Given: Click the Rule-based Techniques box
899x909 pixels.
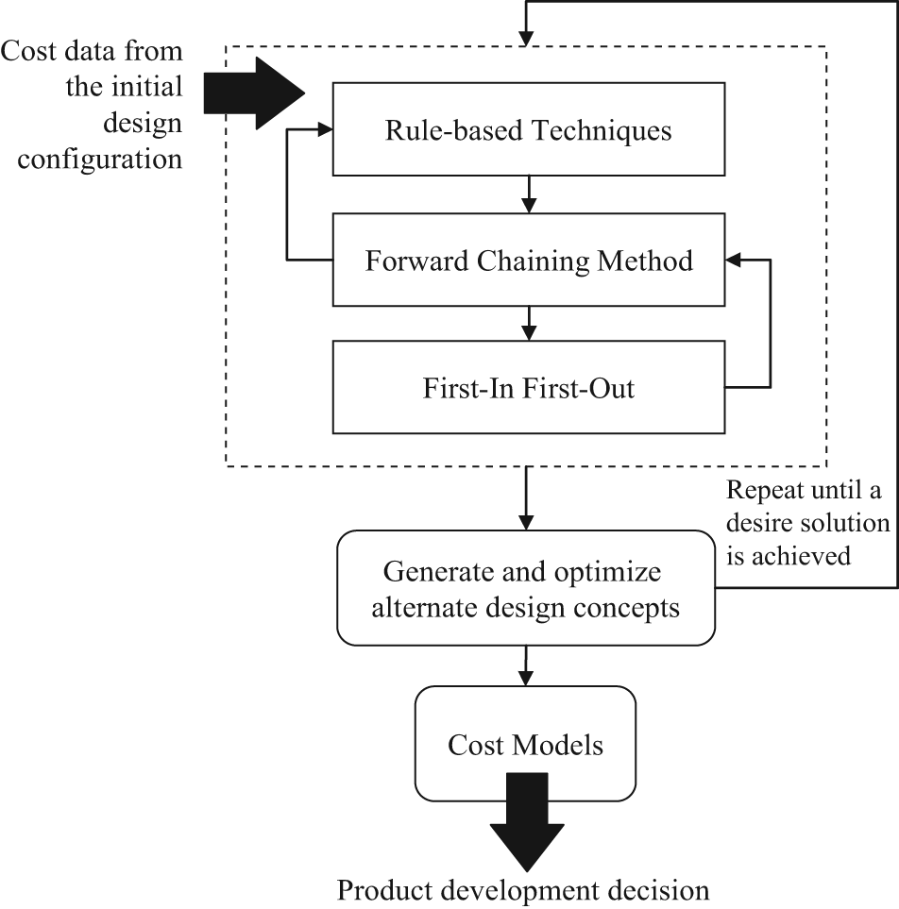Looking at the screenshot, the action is (x=529, y=129).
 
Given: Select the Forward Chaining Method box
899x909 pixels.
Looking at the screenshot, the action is (x=529, y=260).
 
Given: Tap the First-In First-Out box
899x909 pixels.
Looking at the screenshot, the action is (x=529, y=387).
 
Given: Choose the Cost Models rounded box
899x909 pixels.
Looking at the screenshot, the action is (x=525, y=744).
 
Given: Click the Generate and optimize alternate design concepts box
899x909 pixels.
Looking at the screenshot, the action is (x=525, y=588).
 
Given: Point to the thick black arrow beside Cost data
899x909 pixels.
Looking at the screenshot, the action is (x=254, y=93).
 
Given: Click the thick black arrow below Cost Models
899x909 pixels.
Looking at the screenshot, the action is (x=527, y=822).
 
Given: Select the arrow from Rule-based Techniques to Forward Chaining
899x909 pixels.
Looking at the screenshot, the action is (x=529, y=194).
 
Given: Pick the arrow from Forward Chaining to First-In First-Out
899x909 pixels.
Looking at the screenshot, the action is (x=529, y=324).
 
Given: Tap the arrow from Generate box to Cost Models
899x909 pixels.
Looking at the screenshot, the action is (x=525, y=666).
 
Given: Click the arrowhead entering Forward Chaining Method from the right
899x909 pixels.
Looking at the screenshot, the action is (x=733, y=260).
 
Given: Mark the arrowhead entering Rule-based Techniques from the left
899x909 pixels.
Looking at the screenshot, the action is (x=325, y=129).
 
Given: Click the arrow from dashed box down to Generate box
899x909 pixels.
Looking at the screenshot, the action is (x=525, y=498).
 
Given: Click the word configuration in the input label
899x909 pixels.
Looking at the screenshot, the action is (x=100, y=160).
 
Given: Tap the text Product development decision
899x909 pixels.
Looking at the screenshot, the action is (x=523, y=890).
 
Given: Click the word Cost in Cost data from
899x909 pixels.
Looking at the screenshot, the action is (x=28, y=51).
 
